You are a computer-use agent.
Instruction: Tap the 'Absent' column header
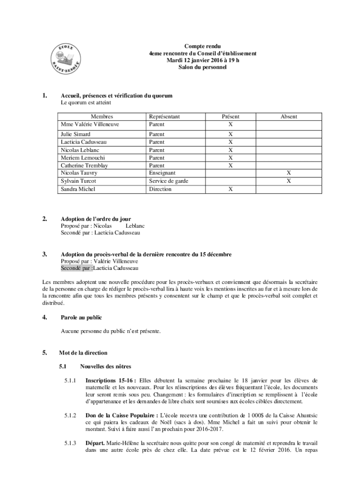pos(289,116)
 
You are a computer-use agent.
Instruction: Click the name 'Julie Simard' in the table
pos(76,134)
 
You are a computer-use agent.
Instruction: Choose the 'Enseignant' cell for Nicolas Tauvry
pos(162,173)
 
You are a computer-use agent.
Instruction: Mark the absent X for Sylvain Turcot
pos(289,181)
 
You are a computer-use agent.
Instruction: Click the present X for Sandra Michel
pos(230,189)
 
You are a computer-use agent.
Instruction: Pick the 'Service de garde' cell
pos(169,181)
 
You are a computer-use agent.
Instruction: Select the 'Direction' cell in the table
pos(160,189)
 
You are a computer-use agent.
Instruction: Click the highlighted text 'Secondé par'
pos(77,268)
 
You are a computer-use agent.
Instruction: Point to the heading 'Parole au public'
pos(81,317)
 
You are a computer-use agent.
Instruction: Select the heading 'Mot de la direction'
pos(83,353)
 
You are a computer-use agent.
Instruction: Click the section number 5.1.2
pos(70,415)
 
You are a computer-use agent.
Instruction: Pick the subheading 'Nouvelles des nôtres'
pos(106,366)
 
